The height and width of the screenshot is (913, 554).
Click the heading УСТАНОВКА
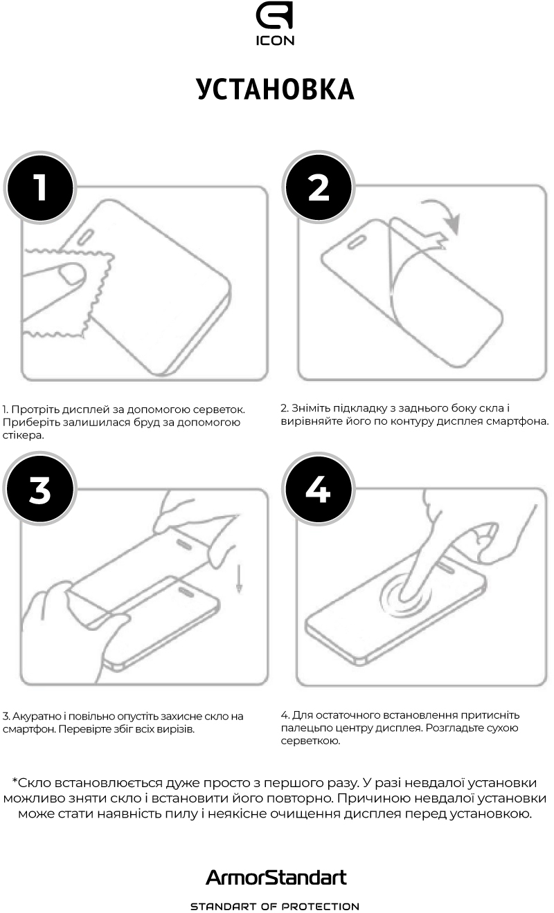point(276,89)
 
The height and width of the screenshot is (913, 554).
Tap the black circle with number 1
point(40,187)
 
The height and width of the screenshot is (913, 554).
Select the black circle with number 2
point(319,187)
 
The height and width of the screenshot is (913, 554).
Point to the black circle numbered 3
point(40,489)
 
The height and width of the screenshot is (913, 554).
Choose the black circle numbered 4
point(319,489)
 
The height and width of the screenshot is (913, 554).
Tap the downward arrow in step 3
point(239,578)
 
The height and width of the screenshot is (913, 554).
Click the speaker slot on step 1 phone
point(85,237)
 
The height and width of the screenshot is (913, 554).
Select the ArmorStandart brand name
point(276,877)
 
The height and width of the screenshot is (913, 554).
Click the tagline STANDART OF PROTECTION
point(276,906)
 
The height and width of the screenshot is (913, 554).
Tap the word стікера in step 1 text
point(24,435)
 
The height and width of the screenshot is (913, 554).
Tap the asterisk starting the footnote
point(15,780)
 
